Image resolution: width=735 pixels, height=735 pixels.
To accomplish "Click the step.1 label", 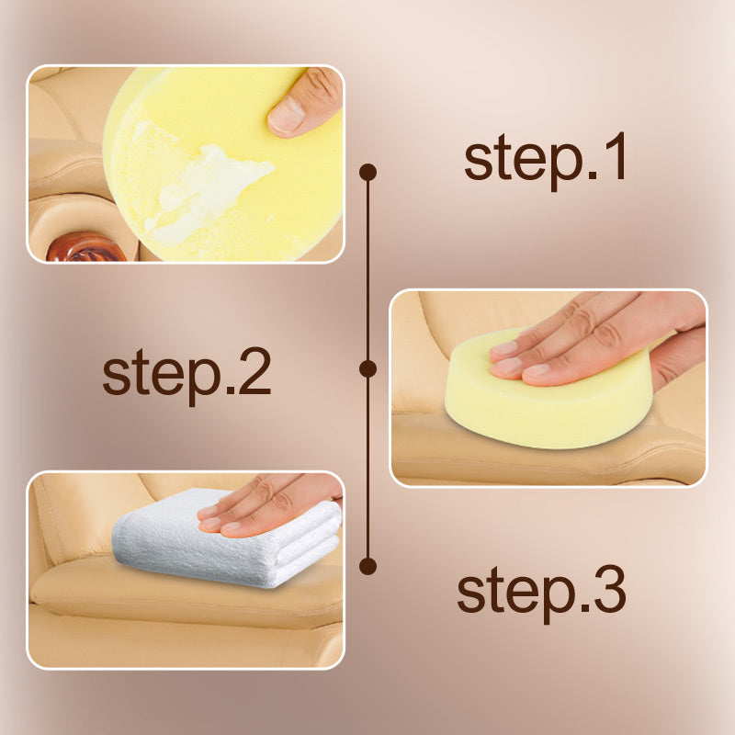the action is point(545,161).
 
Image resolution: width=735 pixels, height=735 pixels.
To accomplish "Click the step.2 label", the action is point(187,376).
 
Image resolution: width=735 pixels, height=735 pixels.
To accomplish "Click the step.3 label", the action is point(541,593).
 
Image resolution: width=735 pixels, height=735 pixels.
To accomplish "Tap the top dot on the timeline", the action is point(368,172).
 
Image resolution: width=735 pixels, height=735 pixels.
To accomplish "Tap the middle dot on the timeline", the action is point(368,369).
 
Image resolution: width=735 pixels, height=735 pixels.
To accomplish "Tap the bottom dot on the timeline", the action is point(368,566).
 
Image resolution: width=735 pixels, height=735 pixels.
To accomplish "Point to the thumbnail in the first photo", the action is point(287,114).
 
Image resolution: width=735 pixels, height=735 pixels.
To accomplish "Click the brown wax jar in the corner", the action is point(85,247).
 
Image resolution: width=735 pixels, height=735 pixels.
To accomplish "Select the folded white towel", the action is point(226,539).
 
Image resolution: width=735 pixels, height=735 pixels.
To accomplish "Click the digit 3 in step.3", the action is point(609,589).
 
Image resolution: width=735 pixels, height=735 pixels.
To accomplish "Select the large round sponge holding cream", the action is point(222,164).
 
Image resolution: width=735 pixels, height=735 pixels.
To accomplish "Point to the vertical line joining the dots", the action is point(368,369).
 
